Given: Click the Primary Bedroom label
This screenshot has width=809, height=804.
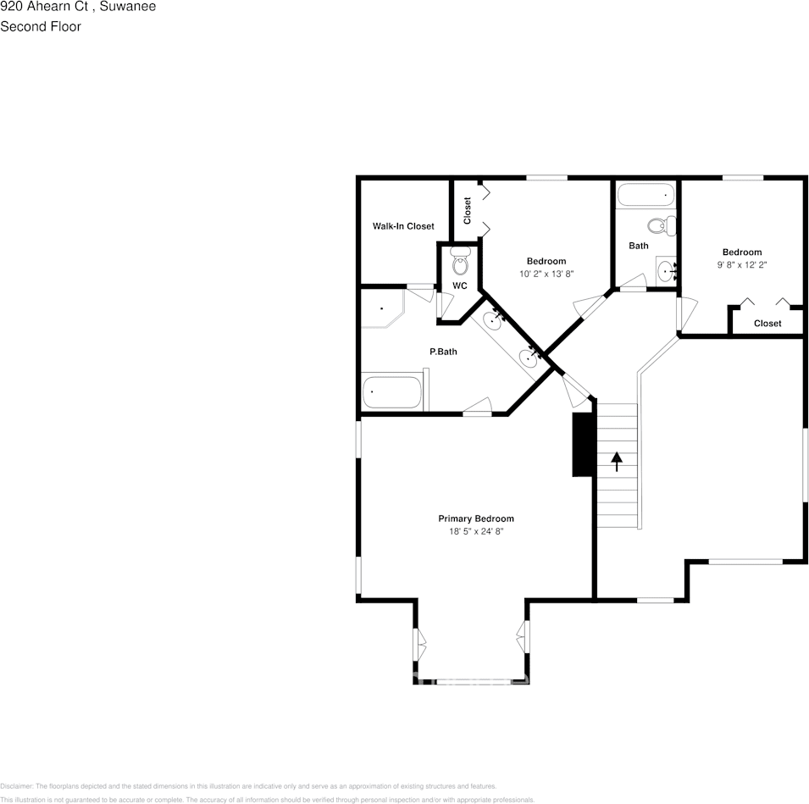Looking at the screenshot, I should pyautogui.click(x=475, y=518).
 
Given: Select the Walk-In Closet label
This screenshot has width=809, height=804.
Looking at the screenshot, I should pyautogui.click(x=403, y=226).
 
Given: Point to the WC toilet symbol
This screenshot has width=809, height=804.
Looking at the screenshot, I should pyautogui.click(x=460, y=263).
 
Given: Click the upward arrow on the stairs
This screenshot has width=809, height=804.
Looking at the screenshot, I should pyautogui.click(x=617, y=462).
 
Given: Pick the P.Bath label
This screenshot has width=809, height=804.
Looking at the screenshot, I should pyautogui.click(x=442, y=352).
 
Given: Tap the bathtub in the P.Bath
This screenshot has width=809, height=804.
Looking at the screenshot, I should pyautogui.click(x=391, y=392).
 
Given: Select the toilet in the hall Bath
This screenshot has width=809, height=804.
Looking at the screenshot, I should pyautogui.click(x=660, y=225).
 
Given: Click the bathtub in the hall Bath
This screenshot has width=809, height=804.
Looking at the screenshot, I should pyautogui.click(x=646, y=196).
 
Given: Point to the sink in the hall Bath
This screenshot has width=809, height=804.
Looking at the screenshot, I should pyautogui.click(x=667, y=271).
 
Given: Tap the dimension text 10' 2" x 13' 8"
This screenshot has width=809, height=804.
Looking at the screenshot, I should pyautogui.click(x=546, y=274).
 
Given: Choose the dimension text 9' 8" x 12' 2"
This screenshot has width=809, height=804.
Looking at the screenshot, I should pyautogui.click(x=741, y=264).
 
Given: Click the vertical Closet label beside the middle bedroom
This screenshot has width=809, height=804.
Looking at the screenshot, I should pyautogui.click(x=467, y=211).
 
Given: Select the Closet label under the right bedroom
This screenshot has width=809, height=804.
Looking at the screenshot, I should pyautogui.click(x=767, y=324).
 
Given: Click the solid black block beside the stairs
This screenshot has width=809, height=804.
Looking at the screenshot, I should pyautogui.click(x=582, y=445).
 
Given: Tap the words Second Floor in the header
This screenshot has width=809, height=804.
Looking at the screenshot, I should pyautogui.click(x=41, y=26).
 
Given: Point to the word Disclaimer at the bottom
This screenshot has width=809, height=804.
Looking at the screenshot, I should pyautogui.click(x=16, y=786).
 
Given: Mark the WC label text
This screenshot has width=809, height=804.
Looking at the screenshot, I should pyautogui.click(x=459, y=286).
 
